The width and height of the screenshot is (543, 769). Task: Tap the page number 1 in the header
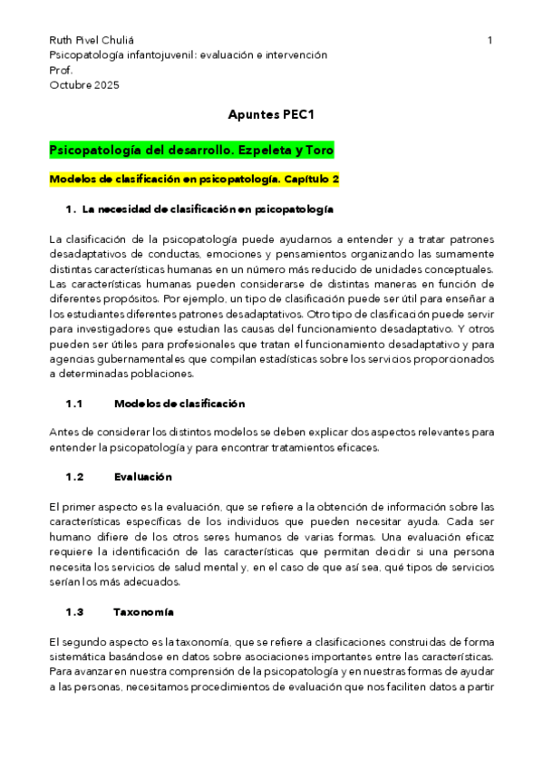tap(490, 41)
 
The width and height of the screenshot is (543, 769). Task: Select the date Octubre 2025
tap(83, 85)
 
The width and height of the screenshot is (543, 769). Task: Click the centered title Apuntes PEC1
tap(271, 116)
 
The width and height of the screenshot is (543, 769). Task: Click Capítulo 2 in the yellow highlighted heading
tap(308, 180)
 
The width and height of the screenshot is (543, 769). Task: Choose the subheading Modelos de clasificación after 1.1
tap(179, 403)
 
